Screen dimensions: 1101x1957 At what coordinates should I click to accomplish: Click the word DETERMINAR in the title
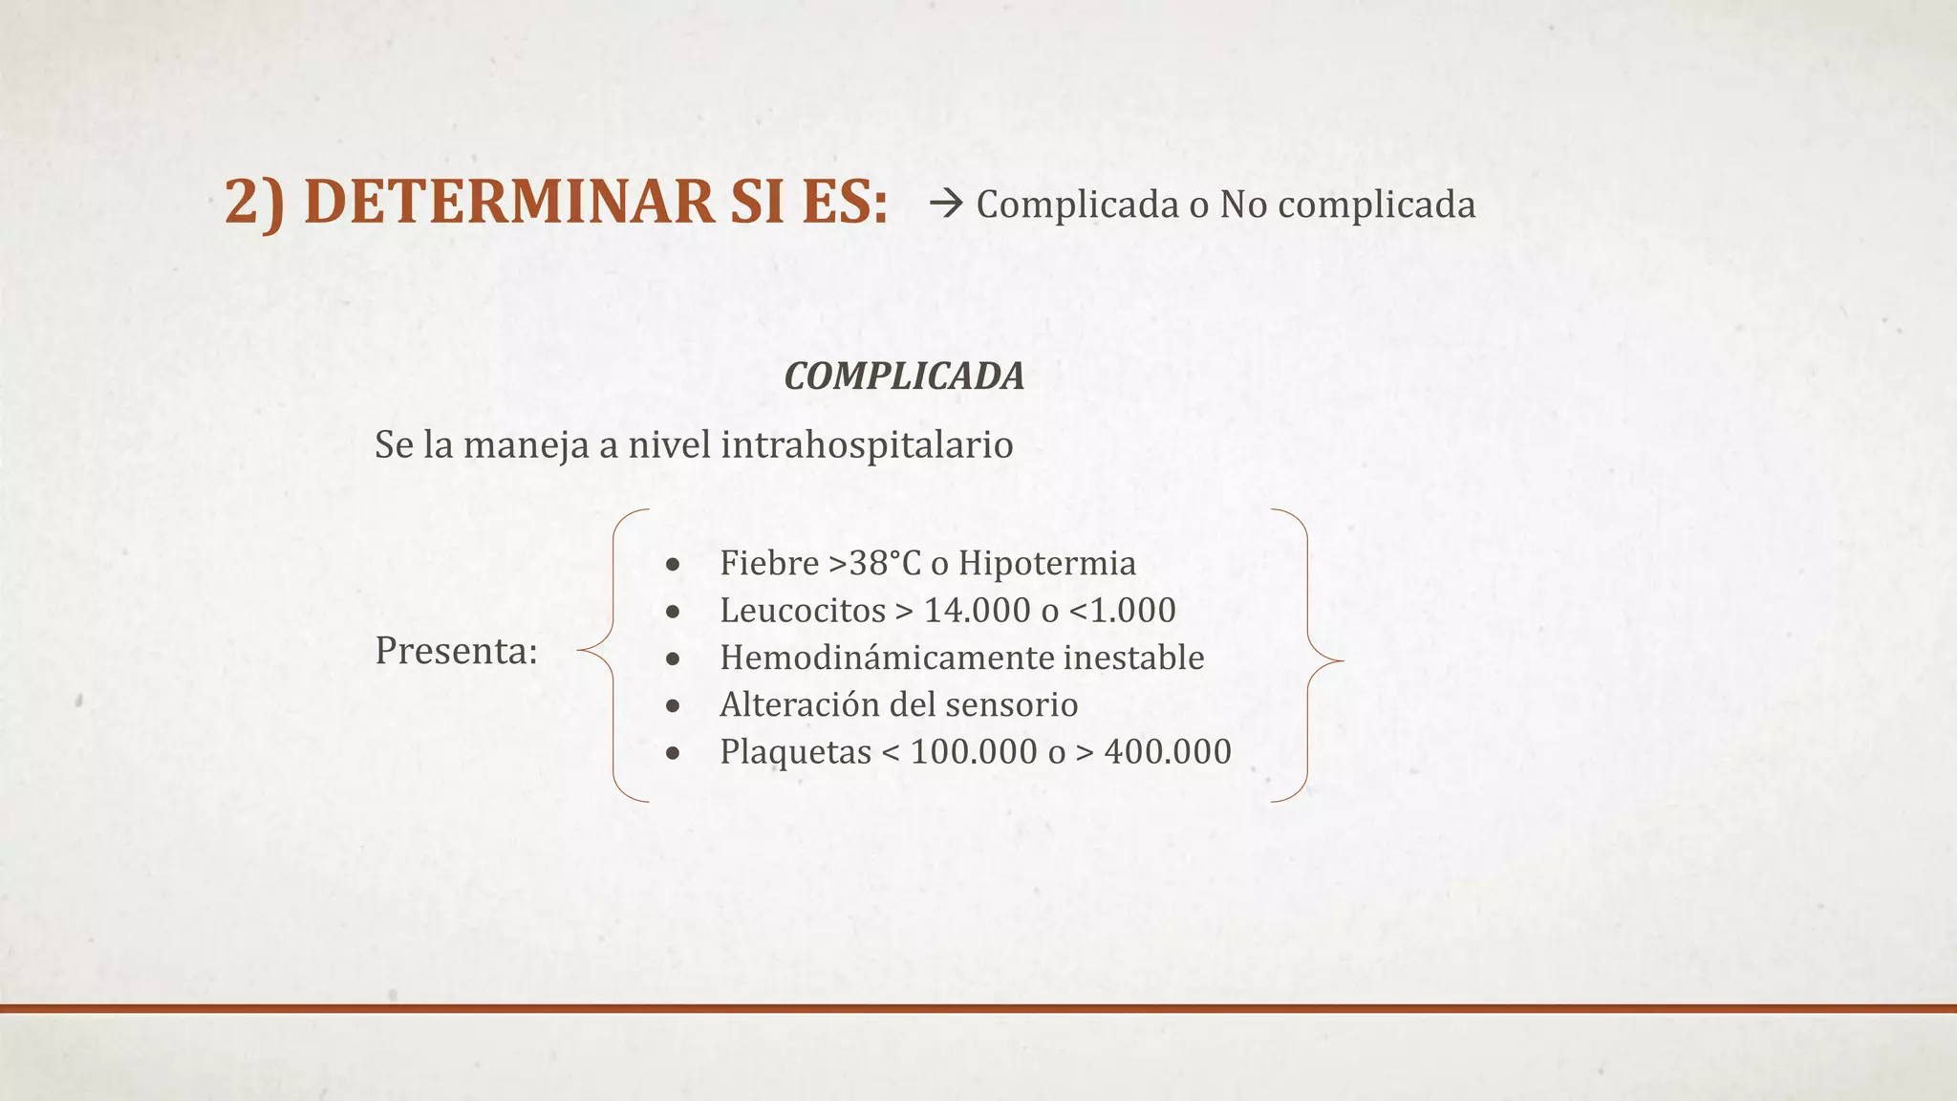coord(507,203)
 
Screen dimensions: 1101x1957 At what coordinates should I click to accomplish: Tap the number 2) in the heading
coord(255,203)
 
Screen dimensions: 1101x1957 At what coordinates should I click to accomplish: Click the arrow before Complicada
coord(945,204)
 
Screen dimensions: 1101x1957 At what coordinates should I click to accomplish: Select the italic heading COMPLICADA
coord(904,377)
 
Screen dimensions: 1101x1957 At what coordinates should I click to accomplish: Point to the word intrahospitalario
coord(867,444)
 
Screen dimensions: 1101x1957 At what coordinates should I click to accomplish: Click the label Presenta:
coord(456,651)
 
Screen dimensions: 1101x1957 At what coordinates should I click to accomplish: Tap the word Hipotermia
coord(1047,563)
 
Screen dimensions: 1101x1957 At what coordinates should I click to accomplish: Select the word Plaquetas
coord(795,752)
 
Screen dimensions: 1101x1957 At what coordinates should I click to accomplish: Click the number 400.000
coord(1168,752)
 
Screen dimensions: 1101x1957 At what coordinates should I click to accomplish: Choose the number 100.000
coord(974,752)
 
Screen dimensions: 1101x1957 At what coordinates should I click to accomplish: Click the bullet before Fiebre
coord(674,565)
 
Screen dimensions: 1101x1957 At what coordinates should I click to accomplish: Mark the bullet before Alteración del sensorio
coord(674,706)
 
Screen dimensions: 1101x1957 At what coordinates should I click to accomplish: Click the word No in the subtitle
coord(1243,205)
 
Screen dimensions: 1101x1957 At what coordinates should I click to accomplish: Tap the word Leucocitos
coord(803,610)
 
